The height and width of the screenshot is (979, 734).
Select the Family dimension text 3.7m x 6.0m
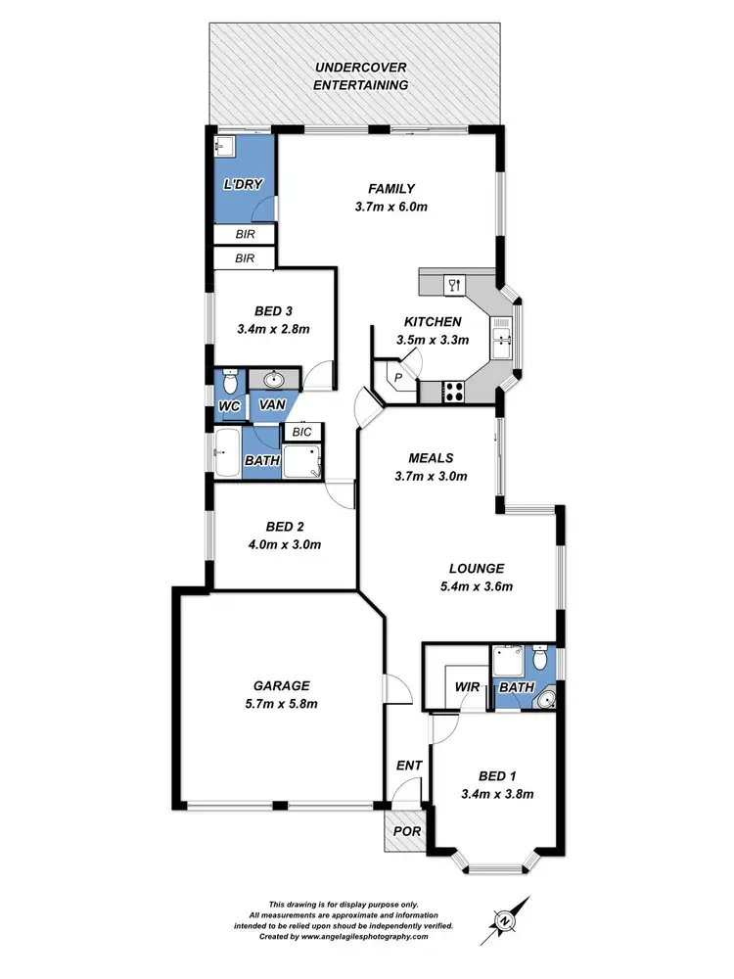tap(391, 207)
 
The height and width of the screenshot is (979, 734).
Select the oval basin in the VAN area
tap(271, 379)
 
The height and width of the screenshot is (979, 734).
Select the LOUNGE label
tap(476, 568)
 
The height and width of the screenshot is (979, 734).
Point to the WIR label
tap(466, 687)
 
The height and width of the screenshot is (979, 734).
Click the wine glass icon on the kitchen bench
tap(452, 285)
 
